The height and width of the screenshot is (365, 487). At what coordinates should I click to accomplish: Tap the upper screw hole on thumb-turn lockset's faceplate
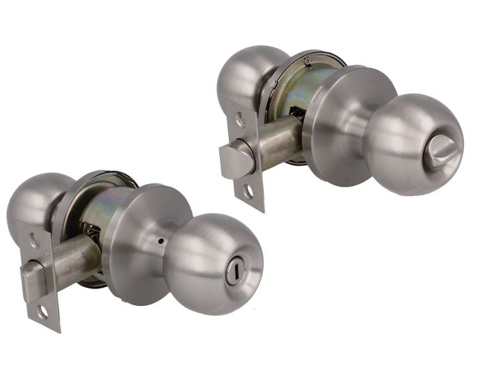tap(240, 120)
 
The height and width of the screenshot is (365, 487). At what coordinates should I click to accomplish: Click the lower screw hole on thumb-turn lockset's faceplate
tap(248, 191)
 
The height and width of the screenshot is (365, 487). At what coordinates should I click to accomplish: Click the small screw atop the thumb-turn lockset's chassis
tap(307, 61)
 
